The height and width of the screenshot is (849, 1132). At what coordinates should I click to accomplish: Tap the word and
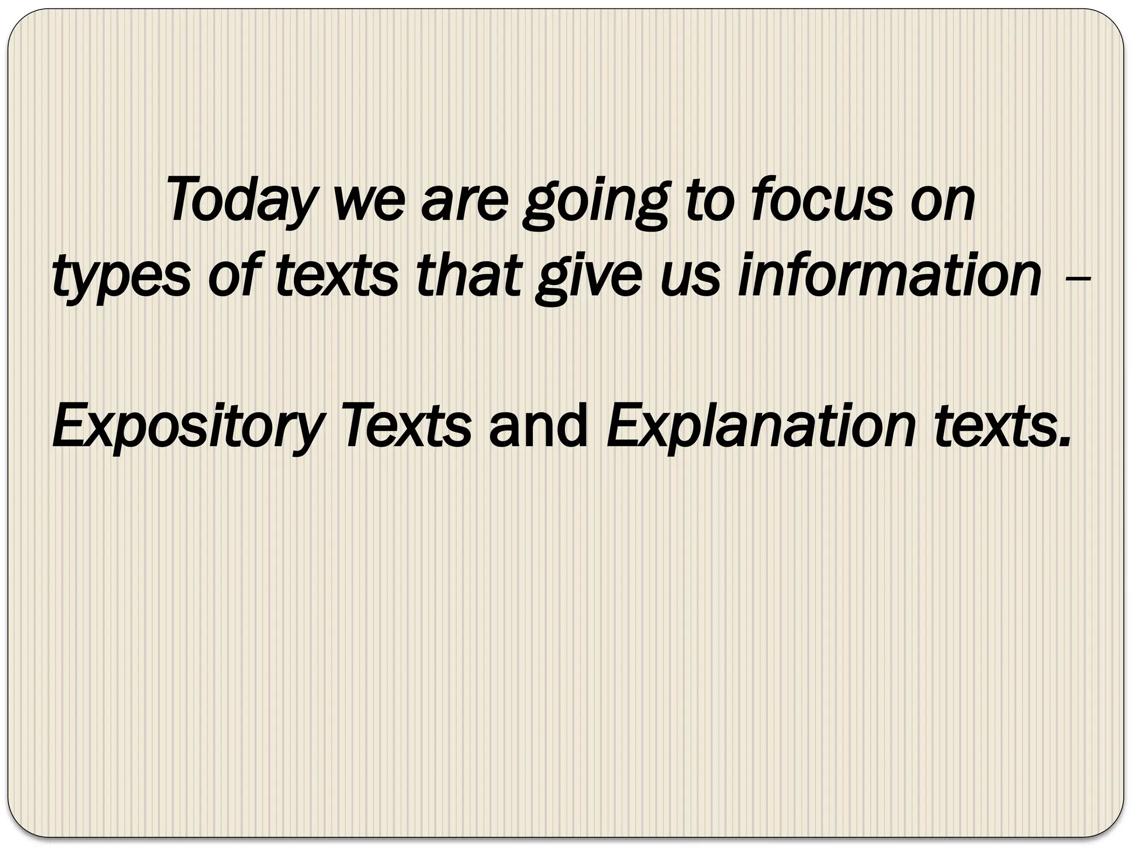[x=538, y=426]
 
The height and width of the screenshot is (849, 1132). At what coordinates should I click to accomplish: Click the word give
[x=583, y=276]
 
